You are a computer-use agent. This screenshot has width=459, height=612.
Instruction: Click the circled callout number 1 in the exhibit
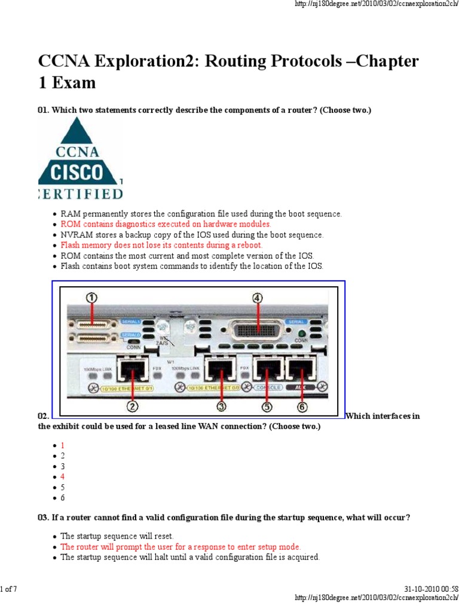point(91,297)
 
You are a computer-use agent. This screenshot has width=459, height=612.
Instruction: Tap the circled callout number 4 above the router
point(258,297)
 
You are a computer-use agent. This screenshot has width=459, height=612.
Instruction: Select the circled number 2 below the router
point(132,406)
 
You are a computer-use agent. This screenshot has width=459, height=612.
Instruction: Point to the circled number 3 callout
point(222,406)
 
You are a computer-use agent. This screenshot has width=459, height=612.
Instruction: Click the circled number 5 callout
point(267,406)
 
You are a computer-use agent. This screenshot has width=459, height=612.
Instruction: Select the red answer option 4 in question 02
point(63,476)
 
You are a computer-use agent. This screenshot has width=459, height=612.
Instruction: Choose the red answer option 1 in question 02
point(63,445)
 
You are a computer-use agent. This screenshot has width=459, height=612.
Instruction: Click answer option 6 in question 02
point(63,498)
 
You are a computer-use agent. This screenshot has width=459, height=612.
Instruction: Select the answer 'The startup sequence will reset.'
point(117,536)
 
